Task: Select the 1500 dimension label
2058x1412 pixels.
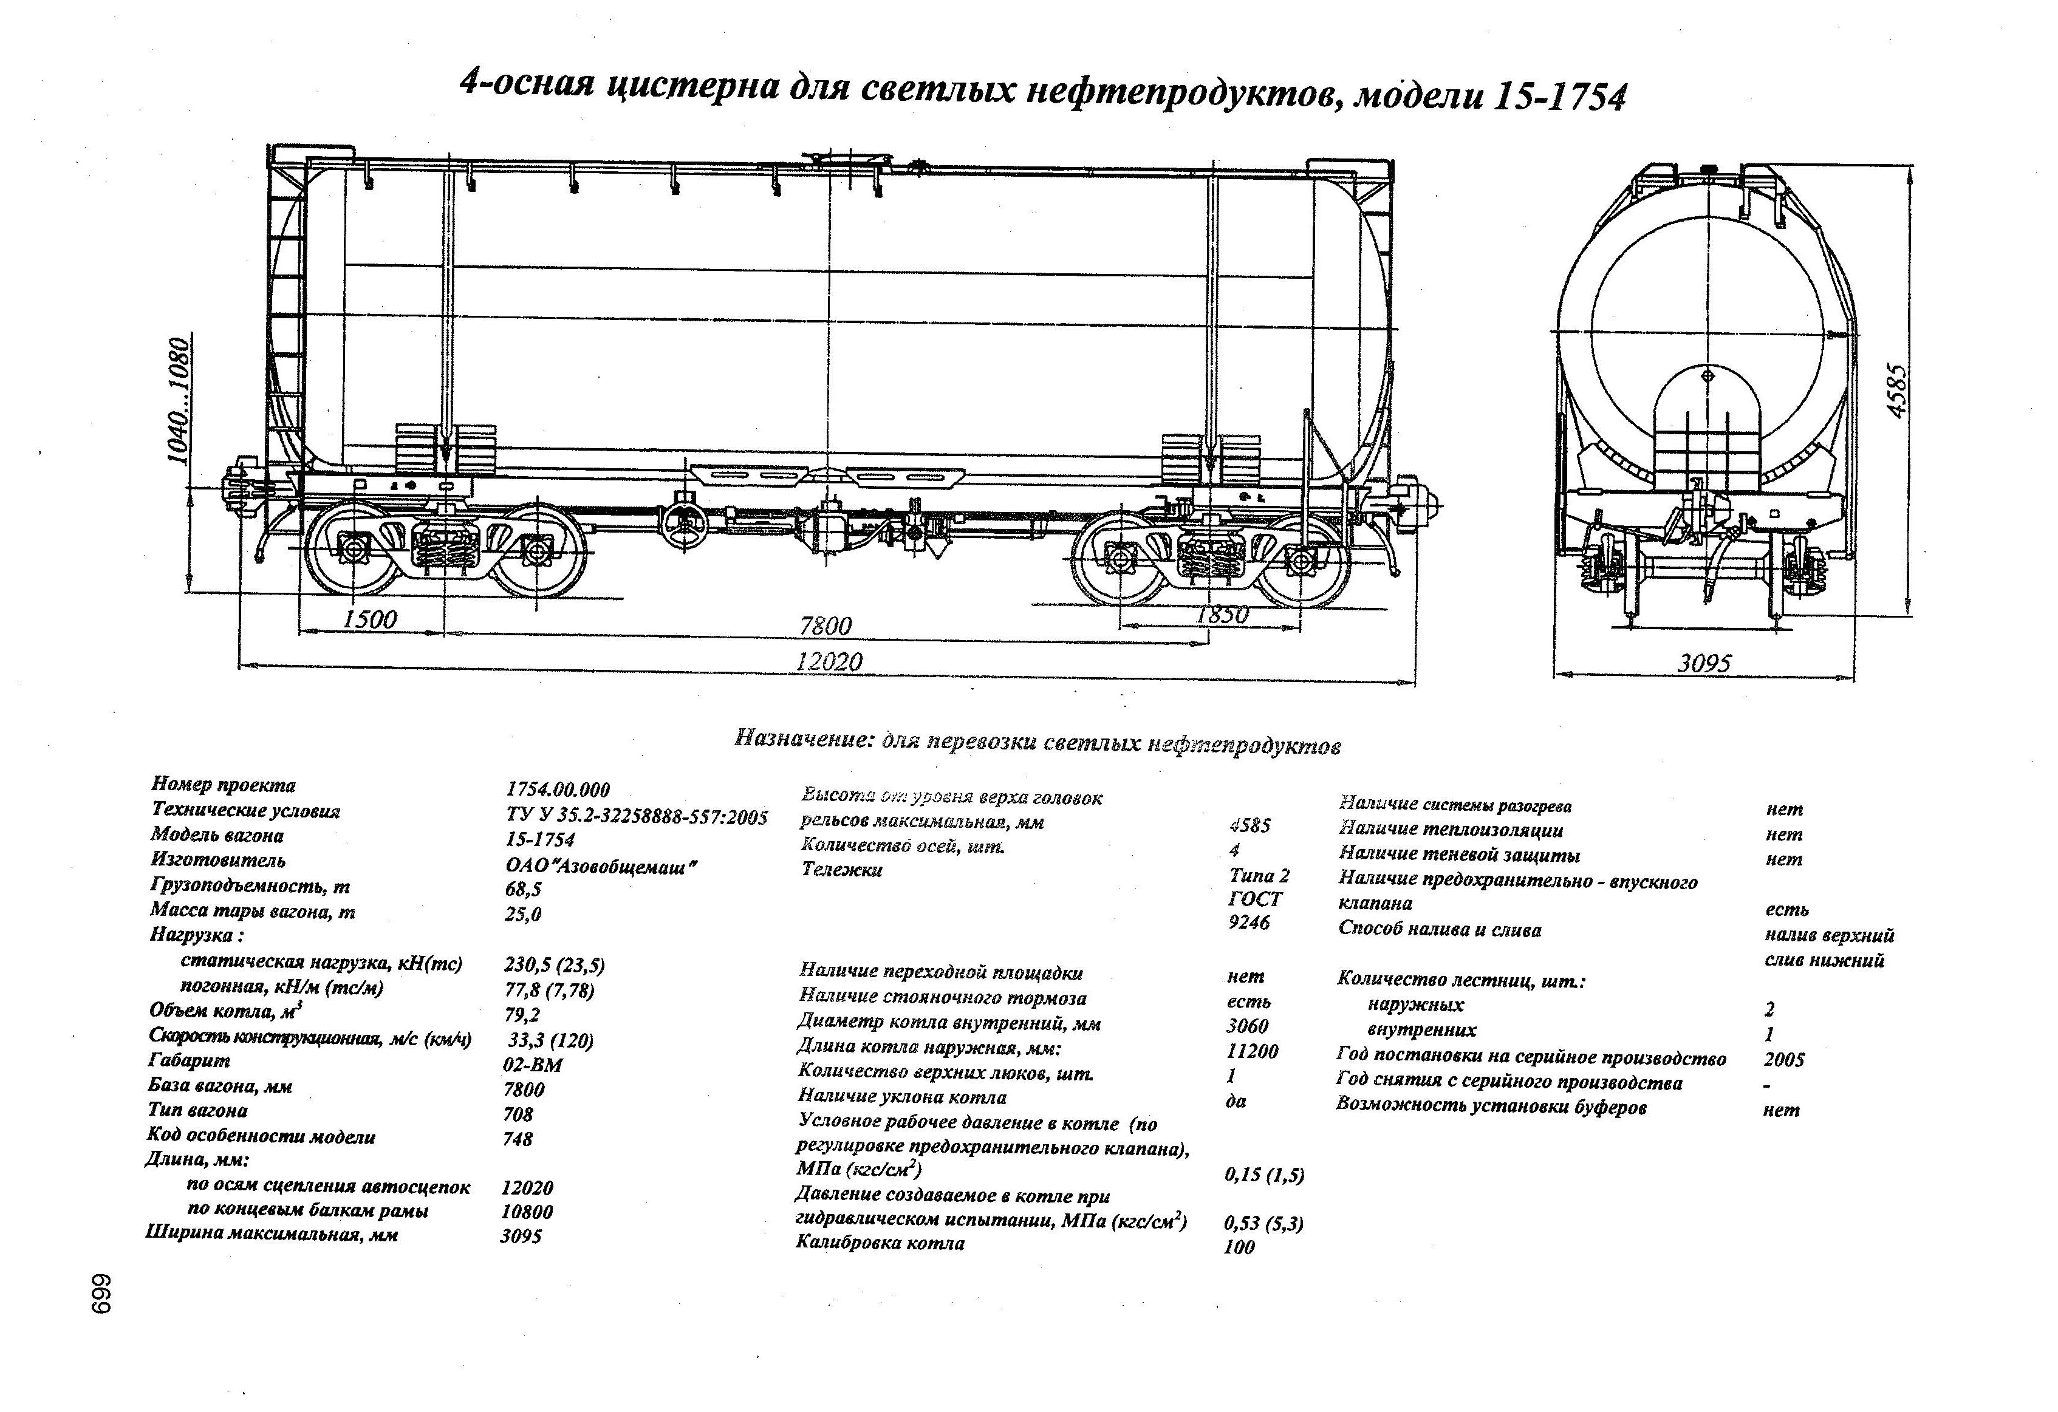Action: pyautogui.click(x=369, y=619)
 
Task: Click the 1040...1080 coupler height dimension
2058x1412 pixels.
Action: pyautogui.click(x=180, y=400)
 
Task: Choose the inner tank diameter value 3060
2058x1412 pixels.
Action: pyautogui.click(x=1248, y=1026)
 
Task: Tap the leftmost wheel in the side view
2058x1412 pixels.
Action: pyautogui.click(x=354, y=550)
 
